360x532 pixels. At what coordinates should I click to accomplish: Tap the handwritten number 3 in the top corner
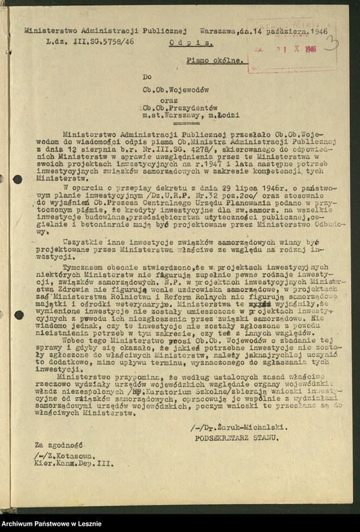click(330, 42)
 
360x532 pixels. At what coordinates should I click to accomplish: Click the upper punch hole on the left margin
click(17, 179)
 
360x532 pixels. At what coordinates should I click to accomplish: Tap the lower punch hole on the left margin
click(17, 315)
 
